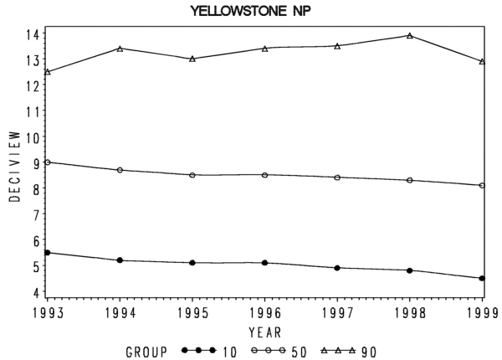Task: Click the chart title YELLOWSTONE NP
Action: (x=251, y=11)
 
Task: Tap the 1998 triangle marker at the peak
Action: (x=409, y=35)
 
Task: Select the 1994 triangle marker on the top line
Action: (x=120, y=49)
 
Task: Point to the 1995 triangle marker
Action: (x=192, y=59)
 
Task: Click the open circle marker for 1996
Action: (x=264, y=175)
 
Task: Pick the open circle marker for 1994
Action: (x=120, y=170)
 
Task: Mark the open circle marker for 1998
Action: (x=409, y=180)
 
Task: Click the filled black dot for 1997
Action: (x=337, y=268)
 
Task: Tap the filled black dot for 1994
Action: (x=120, y=260)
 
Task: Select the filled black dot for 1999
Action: (x=482, y=278)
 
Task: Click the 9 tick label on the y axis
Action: (x=35, y=163)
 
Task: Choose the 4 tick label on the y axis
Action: (x=35, y=292)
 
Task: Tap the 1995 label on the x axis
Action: (x=192, y=313)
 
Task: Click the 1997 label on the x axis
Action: (x=337, y=313)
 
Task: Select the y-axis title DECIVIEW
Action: (x=15, y=167)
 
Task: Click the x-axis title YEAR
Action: (x=265, y=332)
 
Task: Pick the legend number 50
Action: (x=299, y=352)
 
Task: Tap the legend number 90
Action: (x=369, y=352)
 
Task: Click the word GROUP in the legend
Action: (x=146, y=352)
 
